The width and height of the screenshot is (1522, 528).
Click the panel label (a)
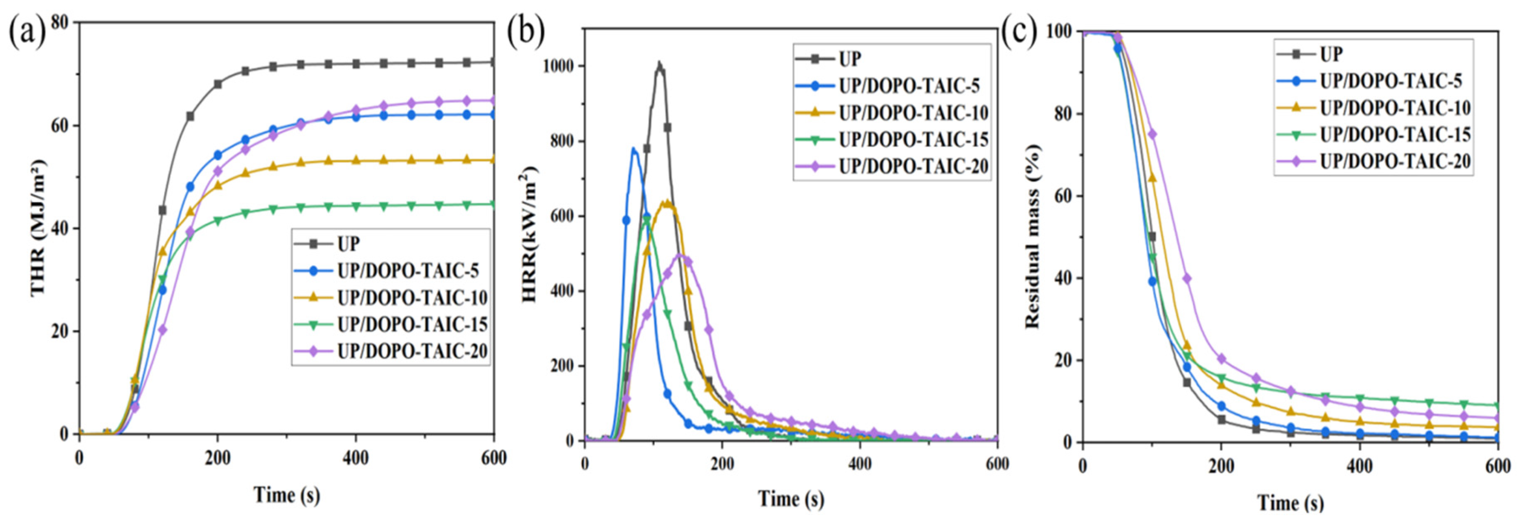[x=27, y=34]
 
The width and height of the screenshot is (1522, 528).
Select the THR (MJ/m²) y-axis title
[x=38, y=227]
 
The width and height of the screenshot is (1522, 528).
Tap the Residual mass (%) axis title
[x=1032, y=236]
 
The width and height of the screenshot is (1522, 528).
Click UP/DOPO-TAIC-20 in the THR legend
[x=412, y=351]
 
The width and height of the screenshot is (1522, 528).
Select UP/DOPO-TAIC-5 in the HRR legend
[x=909, y=86]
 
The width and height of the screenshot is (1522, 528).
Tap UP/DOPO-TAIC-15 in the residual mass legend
[x=1395, y=134]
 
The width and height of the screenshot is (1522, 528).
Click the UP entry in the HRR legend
[x=850, y=59]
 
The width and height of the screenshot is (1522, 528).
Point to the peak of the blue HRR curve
[x=634, y=149]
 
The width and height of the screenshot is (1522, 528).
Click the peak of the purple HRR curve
[x=679, y=255]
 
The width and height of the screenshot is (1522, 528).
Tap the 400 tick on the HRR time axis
[x=860, y=464]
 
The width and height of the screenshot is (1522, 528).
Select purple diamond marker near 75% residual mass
[x=1152, y=135]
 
